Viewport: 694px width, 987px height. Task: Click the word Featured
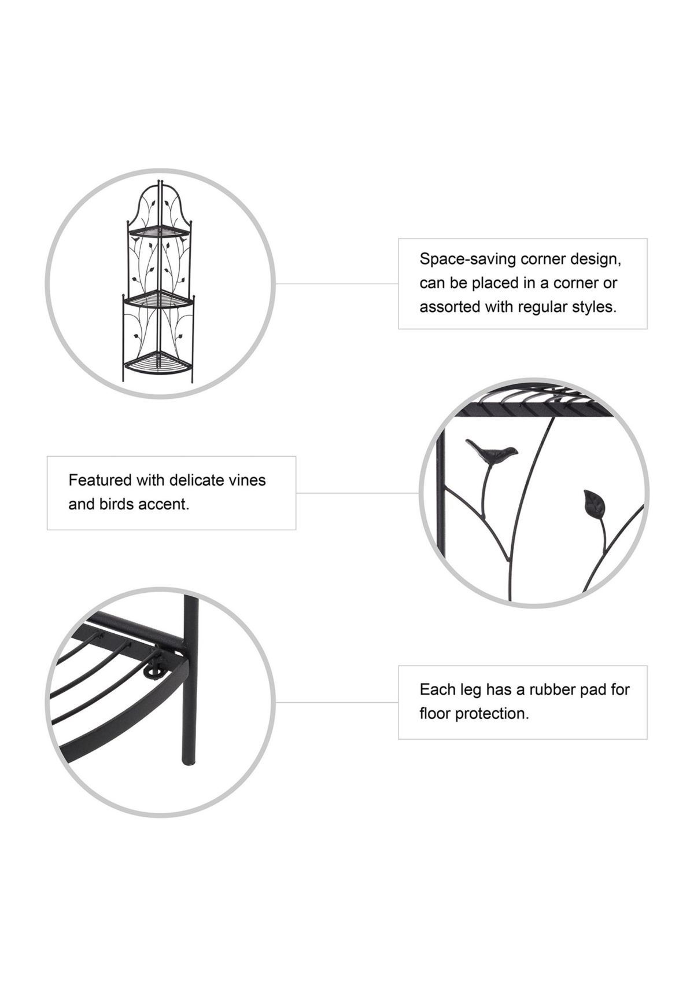click(99, 480)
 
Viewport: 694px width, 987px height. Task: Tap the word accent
click(169, 504)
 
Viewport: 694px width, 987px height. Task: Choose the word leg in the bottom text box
click(470, 690)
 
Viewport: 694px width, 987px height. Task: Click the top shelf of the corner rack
click(158, 233)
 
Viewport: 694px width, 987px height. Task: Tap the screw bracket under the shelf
click(153, 670)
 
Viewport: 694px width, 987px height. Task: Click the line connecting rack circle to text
click(337, 284)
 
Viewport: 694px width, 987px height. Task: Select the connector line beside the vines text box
click(357, 493)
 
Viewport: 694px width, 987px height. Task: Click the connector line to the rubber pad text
click(337, 702)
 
